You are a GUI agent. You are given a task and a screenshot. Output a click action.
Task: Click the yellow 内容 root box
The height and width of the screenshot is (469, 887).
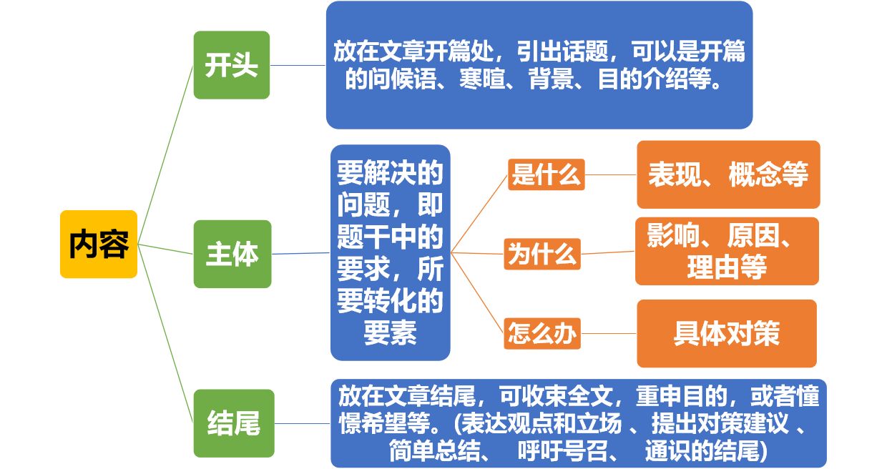pyautogui.click(x=99, y=245)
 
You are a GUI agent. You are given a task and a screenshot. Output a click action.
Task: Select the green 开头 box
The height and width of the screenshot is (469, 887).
pyautogui.click(x=232, y=65)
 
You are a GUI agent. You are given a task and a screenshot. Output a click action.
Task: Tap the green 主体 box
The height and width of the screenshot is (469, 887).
pyautogui.click(x=232, y=254)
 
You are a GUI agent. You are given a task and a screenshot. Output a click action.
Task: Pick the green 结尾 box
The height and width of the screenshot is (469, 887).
pyautogui.click(x=234, y=423)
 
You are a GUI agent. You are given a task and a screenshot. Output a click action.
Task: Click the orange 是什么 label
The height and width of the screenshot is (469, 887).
pyautogui.click(x=547, y=174)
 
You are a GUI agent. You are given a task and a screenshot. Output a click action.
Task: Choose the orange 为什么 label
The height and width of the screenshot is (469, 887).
pyautogui.click(x=542, y=254)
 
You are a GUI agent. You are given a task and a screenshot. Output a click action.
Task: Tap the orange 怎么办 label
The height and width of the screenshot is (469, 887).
pyautogui.click(x=542, y=334)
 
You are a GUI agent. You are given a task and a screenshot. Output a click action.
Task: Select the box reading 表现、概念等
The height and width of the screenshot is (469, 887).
pyautogui.click(x=729, y=174)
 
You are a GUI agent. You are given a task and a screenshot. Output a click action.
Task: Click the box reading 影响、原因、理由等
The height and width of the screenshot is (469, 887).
pyautogui.click(x=727, y=252)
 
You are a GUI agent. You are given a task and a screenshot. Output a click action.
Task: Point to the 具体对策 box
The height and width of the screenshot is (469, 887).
pyautogui.click(x=727, y=334)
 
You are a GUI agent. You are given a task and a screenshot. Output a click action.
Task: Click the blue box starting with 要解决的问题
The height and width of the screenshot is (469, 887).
pyautogui.click(x=391, y=252)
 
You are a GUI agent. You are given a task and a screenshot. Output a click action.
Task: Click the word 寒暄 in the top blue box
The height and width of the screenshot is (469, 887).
pyautogui.click(x=482, y=79)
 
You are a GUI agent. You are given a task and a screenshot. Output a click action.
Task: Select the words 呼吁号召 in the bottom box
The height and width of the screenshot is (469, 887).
pyautogui.click(x=563, y=451)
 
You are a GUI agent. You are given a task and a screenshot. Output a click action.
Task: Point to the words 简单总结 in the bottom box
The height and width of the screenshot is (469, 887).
pyautogui.click(x=434, y=451)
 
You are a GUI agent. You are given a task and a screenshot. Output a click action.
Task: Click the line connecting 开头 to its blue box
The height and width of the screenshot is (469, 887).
pyautogui.click(x=298, y=65)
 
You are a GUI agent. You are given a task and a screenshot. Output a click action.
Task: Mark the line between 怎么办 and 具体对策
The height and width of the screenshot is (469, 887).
pyautogui.click(x=609, y=334)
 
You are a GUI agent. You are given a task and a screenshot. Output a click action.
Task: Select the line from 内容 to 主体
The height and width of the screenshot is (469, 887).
pyautogui.click(x=165, y=250)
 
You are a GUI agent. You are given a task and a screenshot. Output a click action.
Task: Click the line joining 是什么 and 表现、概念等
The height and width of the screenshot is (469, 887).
pyautogui.click(x=611, y=174)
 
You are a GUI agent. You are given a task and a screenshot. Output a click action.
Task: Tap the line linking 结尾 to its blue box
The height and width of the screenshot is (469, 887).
pyautogui.click(x=303, y=423)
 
